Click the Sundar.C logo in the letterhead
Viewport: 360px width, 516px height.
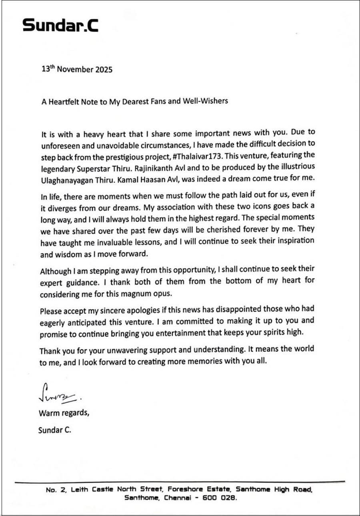coord(60,25)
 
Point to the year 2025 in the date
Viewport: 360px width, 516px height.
coord(102,69)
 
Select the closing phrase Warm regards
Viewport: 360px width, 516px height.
coord(64,412)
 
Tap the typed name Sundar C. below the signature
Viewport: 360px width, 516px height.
coord(54,430)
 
